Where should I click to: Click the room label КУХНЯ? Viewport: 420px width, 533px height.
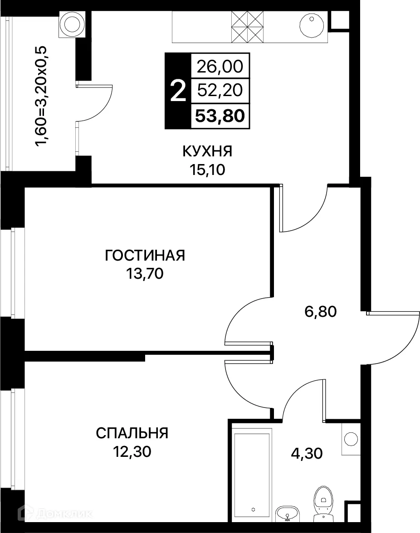click(x=207, y=151)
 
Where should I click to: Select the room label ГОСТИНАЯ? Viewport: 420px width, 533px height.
click(x=145, y=255)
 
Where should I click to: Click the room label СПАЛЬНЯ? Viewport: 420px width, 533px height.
click(x=132, y=433)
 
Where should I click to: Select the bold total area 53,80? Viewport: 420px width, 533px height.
click(x=220, y=116)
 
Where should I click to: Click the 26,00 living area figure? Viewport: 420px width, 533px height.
click(x=220, y=67)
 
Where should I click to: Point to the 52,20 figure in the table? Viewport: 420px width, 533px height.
click(x=220, y=91)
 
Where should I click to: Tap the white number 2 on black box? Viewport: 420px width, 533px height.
click(x=177, y=91)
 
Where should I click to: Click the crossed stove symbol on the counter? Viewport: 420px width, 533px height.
click(x=247, y=25)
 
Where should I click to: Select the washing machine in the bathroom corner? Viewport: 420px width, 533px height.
click(x=351, y=439)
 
